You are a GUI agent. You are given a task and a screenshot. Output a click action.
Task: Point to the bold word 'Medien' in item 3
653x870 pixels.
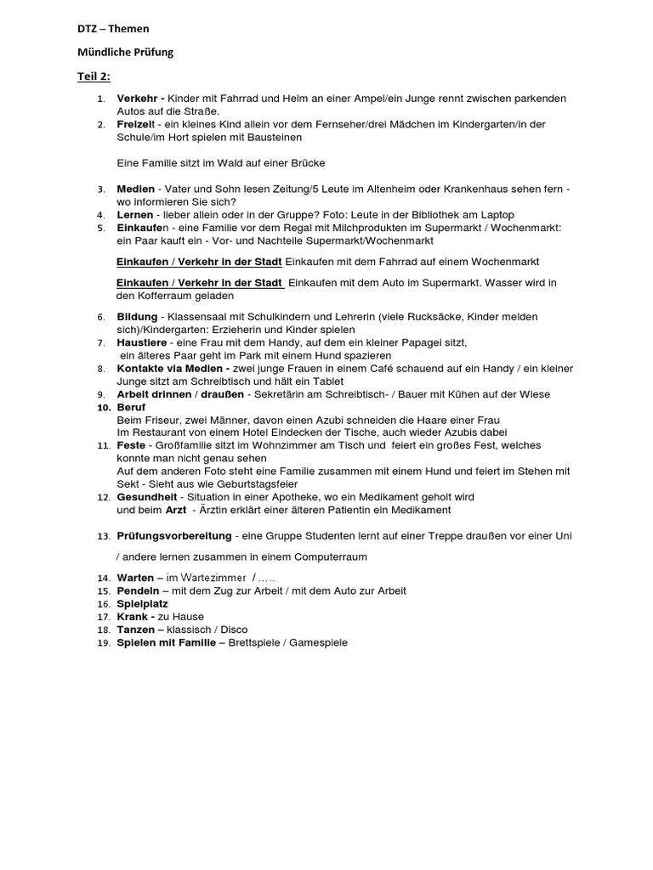(x=136, y=189)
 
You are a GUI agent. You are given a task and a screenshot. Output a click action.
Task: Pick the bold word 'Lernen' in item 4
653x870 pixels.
(x=135, y=215)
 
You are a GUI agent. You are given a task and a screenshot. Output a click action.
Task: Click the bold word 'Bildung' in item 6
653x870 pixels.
(x=137, y=317)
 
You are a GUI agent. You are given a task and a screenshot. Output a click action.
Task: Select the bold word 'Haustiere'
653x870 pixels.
(x=141, y=342)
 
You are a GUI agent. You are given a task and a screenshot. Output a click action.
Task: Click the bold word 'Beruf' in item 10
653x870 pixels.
(x=131, y=408)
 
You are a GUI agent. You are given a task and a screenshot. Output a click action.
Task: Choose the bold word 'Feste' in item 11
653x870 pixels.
(x=131, y=445)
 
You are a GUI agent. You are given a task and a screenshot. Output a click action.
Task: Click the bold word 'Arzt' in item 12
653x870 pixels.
(x=178, y=510)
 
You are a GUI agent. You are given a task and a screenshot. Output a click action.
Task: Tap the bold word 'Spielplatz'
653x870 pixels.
(x=142, y=604)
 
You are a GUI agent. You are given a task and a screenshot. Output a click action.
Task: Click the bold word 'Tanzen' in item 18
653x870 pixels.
(x=135, y=630)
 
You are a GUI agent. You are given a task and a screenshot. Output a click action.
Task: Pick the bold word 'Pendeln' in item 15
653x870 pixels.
(x=137, y=591)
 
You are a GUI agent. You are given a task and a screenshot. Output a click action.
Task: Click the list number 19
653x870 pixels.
(x=103, y=643)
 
